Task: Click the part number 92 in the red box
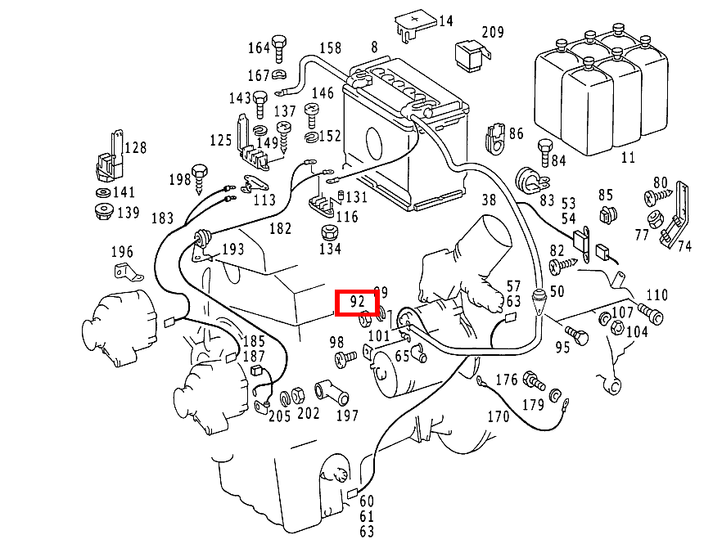(357, 301)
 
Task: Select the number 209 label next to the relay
(493, 33)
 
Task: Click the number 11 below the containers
(628, 157)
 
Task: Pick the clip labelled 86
(494, 138)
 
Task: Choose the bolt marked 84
(544, 152)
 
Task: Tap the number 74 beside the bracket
(684, 245)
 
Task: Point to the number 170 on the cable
(498, 416)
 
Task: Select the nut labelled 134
(329, 231)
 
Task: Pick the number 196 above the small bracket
(121, 251)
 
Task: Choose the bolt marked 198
(201, 175)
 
